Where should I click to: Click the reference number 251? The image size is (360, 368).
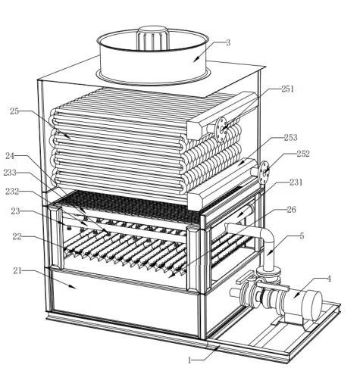(288, 89)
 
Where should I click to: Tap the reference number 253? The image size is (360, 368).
(291, 138)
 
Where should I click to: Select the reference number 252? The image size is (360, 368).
(303, 154)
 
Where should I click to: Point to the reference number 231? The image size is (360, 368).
(296, 182)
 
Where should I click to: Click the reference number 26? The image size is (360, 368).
(291, 210)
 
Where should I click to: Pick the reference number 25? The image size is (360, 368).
(14, 111)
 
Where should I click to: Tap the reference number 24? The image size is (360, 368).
(10, 156)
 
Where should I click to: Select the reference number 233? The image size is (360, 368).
(10, 173)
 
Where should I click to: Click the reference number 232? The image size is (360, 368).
(12, 192)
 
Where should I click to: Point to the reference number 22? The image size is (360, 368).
(17, 236)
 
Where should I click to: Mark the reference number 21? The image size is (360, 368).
(17, 271)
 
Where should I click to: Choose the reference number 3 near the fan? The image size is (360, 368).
(228, 42)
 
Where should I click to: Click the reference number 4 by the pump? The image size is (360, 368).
(329, 279)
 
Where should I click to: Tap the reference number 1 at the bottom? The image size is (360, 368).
(189, 360)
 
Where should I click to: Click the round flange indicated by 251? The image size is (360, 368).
(221, 129)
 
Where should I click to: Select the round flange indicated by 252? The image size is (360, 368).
(264, 173)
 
